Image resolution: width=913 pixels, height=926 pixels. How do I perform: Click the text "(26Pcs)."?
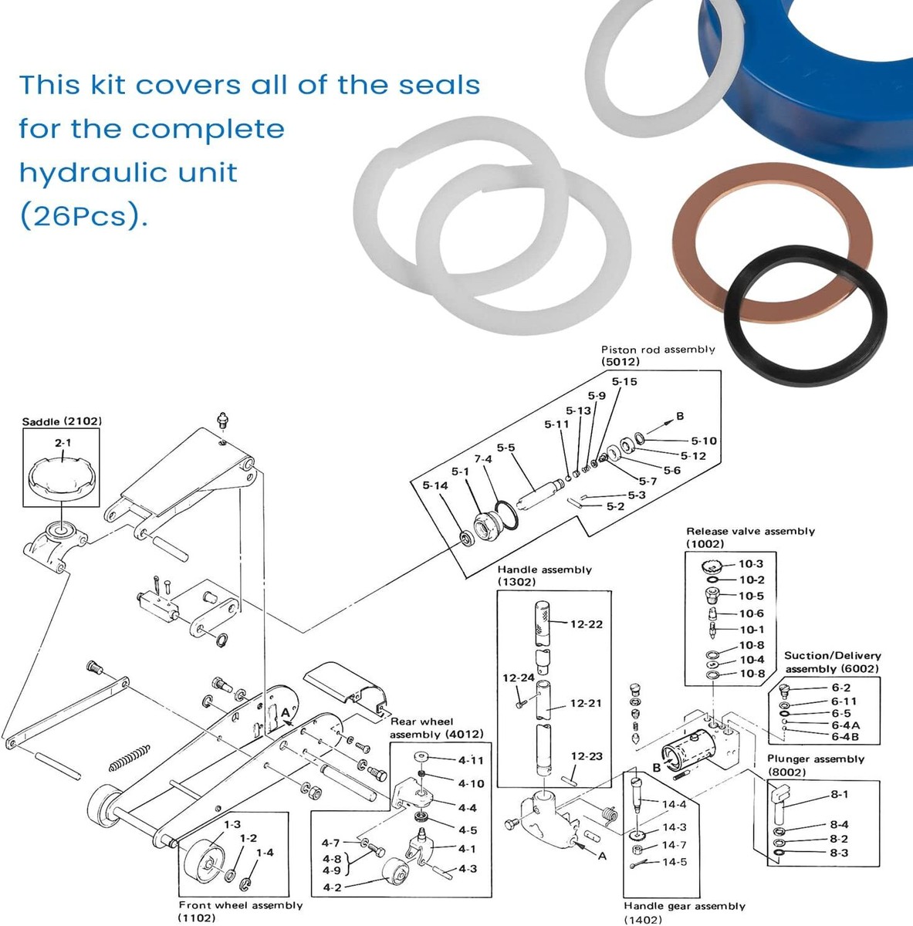(83, 216)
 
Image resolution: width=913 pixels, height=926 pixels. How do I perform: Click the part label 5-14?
(435, 485)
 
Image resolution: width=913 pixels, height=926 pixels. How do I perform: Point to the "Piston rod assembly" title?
(658, 350)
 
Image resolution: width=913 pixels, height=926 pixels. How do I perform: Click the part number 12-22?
(586, 624)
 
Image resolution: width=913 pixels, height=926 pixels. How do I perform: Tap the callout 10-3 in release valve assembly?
(751, 564)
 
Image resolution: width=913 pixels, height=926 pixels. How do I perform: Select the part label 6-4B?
(845, 737)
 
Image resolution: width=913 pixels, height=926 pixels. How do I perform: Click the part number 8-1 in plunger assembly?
(839, 794)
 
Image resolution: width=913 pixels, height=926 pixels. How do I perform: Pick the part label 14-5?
(674, 862)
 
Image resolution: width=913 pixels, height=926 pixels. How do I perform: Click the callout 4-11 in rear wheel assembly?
(471, 760)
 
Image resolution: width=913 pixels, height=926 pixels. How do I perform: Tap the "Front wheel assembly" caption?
(241, 905)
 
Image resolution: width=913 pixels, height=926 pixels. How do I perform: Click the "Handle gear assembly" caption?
(685, 906)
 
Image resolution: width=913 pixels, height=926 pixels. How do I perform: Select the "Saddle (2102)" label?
(62, 421)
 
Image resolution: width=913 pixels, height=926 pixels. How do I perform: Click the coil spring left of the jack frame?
(128, 757)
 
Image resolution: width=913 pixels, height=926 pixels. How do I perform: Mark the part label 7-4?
(482, 459)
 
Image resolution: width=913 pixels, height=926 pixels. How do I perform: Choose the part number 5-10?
(703, 441)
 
